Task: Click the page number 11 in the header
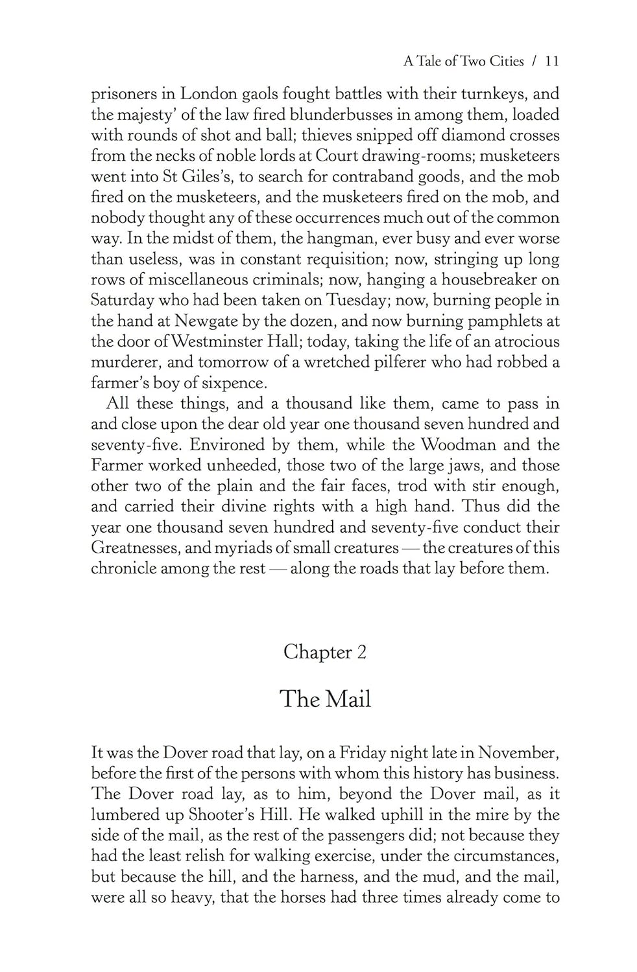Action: [x=552, y=62]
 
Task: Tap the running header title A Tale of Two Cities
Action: [x=463, y=62]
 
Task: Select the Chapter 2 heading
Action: [x=324, y=652]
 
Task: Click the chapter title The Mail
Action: [x=325, y=699]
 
